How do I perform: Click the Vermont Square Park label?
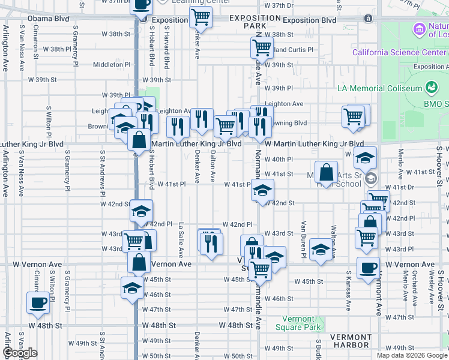tap(295, 323)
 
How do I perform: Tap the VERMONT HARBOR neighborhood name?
tap(351, 341)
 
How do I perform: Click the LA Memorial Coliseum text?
tap(380, 88)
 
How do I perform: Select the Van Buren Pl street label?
tap(304, 239)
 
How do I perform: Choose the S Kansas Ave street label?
tap(348, 290)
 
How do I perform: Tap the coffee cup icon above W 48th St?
tap(39, 302)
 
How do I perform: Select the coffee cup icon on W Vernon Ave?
tap(367, 267)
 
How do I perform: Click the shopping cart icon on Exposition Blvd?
tap(200, 17)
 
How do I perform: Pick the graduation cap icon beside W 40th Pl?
tap(365, 158)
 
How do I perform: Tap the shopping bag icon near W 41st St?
tap(325, 172)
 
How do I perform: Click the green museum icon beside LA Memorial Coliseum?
tap(431, 88)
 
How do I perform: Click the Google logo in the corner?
tap(20, 353)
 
